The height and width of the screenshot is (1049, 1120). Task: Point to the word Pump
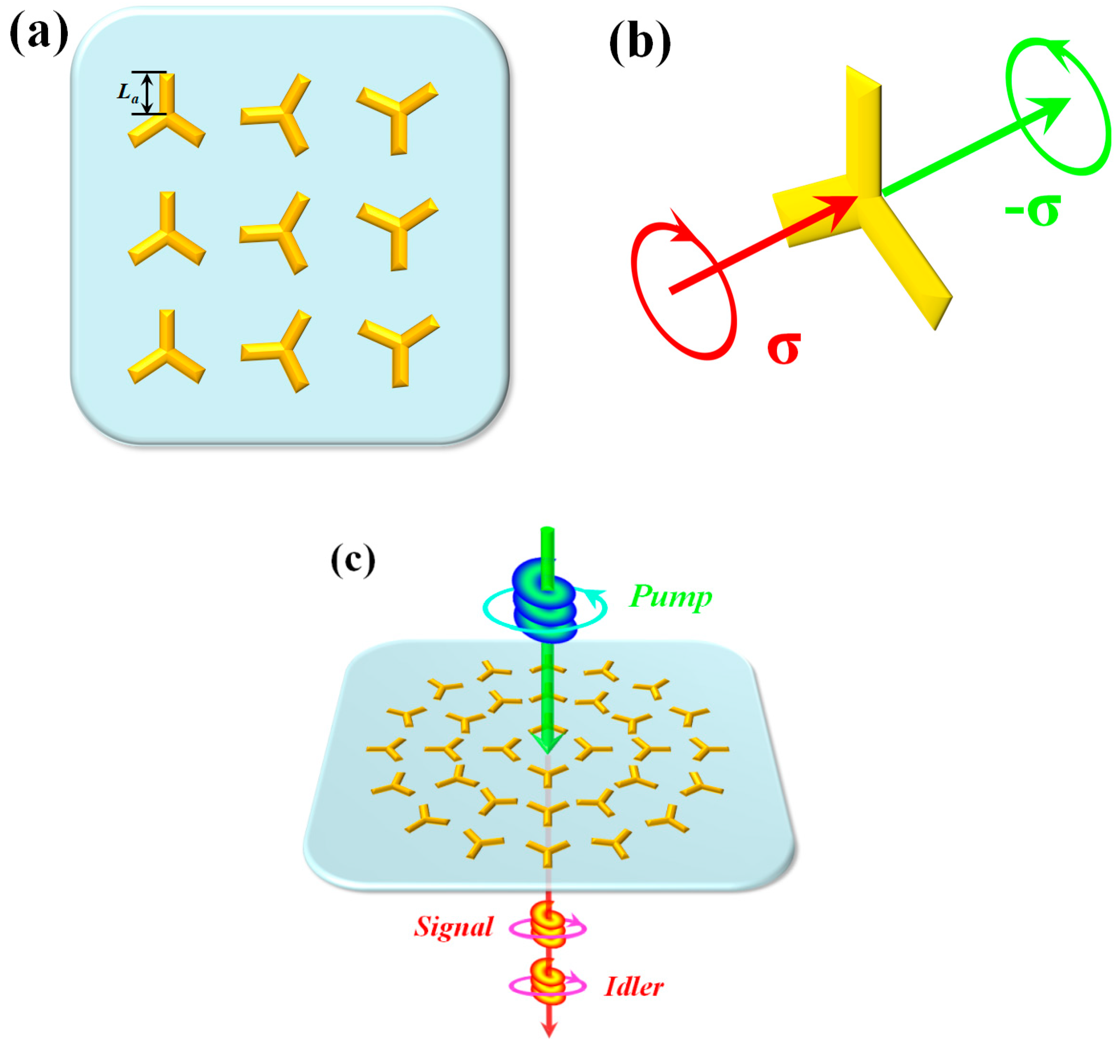click(670, 597)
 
